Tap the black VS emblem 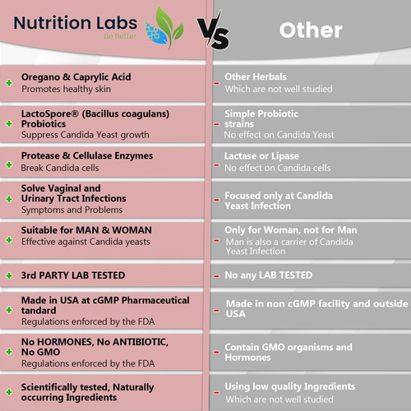click(214, 30)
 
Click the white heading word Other click(311, 30)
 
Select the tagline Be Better click(120, 36)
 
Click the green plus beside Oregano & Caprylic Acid click(9, 83)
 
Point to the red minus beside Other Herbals click(216, 83)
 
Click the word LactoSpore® click(50, 113)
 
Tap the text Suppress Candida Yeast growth click(85, 135)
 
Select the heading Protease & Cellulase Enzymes click(87, 155)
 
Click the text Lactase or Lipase click(261, 156)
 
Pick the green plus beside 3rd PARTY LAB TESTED click(9, 275)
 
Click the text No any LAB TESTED click(269, 275)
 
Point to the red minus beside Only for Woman click(216, 241)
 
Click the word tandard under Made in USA click(39, 311)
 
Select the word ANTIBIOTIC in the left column click(140, 342)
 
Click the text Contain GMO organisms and click(289, 347)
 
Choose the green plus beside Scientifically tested click(9, 392)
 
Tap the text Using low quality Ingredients click(290, 386)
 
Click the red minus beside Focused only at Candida click(216, 200)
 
